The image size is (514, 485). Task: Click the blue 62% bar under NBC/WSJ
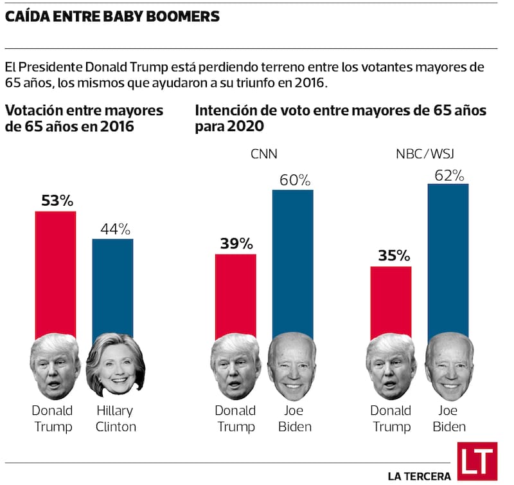click(448, 257)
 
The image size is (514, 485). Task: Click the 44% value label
click(114, 229)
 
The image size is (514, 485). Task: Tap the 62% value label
click(448, 174)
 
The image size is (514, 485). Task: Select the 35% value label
click(391, 256)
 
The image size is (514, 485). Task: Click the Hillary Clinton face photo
click(115, 366)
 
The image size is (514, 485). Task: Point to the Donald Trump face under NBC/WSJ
click(391, 367)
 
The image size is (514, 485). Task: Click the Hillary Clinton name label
click(116, 418)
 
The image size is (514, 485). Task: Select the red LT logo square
click(477, 461)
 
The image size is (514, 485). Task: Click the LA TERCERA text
click(419, 476)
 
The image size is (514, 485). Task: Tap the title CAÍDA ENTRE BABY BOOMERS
click(112, 17)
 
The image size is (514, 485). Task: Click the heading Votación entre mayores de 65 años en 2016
click(84, 118)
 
